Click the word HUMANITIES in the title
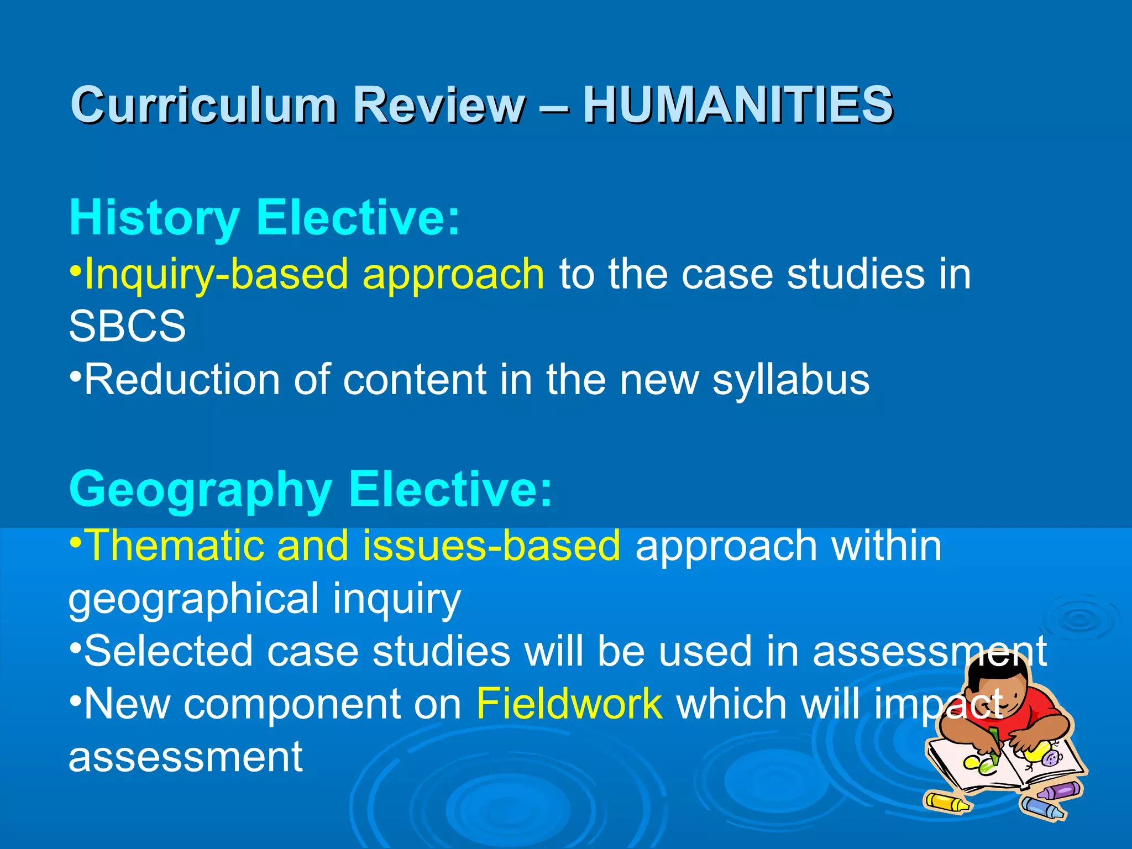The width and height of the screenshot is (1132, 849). (738, 104)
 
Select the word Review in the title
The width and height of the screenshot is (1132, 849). (439, 104)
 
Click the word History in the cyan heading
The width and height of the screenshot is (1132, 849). (155, 218)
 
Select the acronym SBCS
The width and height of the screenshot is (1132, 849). (127, 326)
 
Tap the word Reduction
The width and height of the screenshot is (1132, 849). (182, 380)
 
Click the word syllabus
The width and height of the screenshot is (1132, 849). (790, 380)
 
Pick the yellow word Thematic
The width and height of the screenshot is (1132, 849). (174, 546)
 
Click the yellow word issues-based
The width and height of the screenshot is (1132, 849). (492, 546)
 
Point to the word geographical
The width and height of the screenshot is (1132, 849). (193, 599)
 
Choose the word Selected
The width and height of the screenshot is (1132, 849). (169, 651)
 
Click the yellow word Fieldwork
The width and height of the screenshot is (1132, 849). (569, 704)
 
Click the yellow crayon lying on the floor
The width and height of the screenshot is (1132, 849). (947, 802)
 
